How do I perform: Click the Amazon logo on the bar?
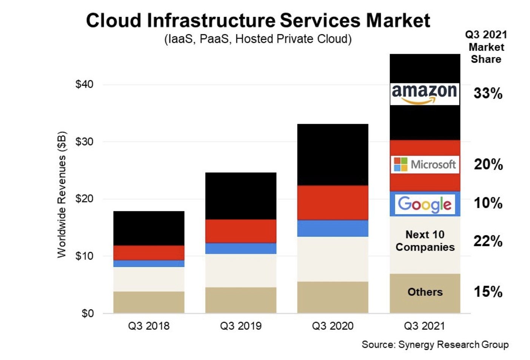pos(425,94)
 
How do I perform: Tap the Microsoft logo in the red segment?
pos(425,165)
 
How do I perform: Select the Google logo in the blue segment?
pos(425,204)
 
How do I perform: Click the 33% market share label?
pos(488,93)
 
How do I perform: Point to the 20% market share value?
pos(488,165)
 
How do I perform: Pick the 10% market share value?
pos(488,203)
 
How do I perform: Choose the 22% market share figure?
pos(488,241)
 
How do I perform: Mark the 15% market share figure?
pos(488,292)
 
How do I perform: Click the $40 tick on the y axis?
pos(84,84)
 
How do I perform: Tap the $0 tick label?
pos(88,314)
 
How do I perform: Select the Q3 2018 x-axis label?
pos(149,326)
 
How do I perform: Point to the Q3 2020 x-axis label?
pos(333,326)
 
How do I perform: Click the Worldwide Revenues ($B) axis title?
pos(62,195)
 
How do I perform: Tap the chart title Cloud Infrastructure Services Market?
pos(258,20)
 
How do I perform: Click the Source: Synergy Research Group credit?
pos(435,345)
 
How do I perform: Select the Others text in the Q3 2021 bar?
pos(425,292)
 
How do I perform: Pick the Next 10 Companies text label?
pos(425,241)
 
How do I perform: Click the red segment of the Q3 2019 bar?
pos(241,231)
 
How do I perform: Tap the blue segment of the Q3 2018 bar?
pos(149,263)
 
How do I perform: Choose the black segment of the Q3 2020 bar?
pos(333,155)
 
